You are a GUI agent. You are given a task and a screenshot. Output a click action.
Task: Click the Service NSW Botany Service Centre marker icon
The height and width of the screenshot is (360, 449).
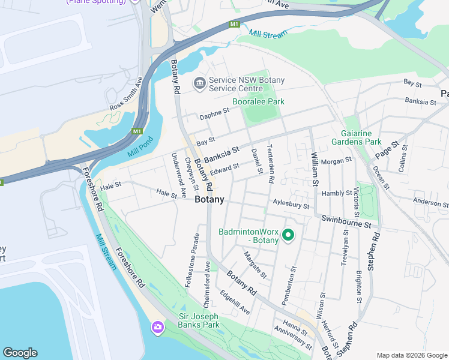point(199,84)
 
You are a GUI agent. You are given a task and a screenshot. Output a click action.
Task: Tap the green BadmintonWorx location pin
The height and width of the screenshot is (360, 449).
point(288,235)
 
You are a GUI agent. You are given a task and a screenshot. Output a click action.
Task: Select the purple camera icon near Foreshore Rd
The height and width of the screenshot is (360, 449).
point(157,327)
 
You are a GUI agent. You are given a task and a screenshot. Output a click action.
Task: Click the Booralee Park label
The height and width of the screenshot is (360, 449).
point(258,101)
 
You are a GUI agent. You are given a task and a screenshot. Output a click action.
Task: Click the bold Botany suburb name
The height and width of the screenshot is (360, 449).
point(209,200)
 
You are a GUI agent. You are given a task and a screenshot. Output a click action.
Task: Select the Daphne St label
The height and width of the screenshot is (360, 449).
point(215,112)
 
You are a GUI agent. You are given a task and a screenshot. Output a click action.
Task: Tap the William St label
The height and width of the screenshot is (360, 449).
point(314,169)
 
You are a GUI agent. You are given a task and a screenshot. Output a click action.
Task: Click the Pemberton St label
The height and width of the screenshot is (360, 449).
point(294,286)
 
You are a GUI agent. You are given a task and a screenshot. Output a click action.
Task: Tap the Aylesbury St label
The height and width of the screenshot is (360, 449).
point(291,205)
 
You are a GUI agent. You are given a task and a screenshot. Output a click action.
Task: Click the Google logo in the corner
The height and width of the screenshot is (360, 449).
point(20,353)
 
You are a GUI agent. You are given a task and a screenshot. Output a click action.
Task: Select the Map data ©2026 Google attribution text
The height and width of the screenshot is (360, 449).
point(411,355)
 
